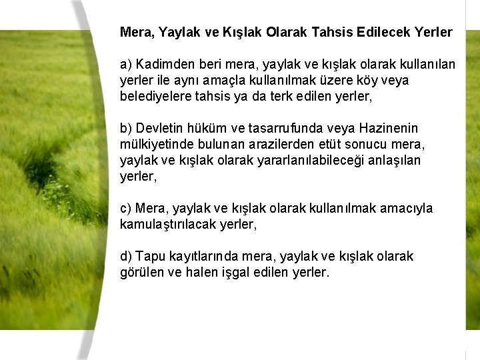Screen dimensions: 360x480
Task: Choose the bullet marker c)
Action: (x=126, y=209)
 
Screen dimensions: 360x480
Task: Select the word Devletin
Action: (x=159, y=128)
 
